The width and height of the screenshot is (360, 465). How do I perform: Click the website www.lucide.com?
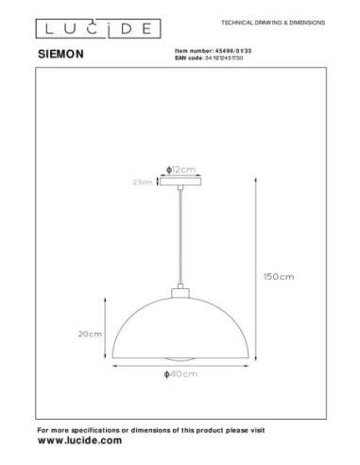coord(79,440)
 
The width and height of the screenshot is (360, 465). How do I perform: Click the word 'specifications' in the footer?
coord(96,429)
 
